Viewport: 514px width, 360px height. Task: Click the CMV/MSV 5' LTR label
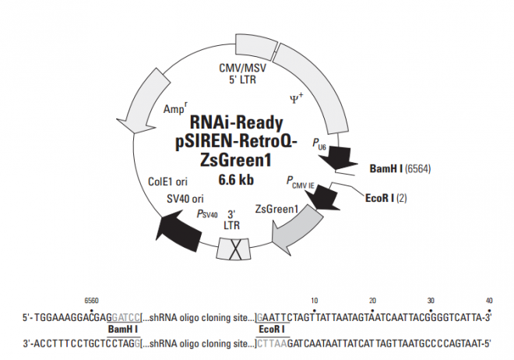tap(244, 73)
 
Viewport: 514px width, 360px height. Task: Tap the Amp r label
tap(176, 110)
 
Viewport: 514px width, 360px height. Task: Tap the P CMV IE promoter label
tap(299, 183)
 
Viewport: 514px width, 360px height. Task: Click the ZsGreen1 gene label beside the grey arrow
tap(277, 209)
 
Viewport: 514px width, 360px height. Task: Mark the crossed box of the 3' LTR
tap(231, 249)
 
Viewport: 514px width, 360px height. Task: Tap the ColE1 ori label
tap(167, 180)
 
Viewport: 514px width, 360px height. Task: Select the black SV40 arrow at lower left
tap(173, 228)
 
